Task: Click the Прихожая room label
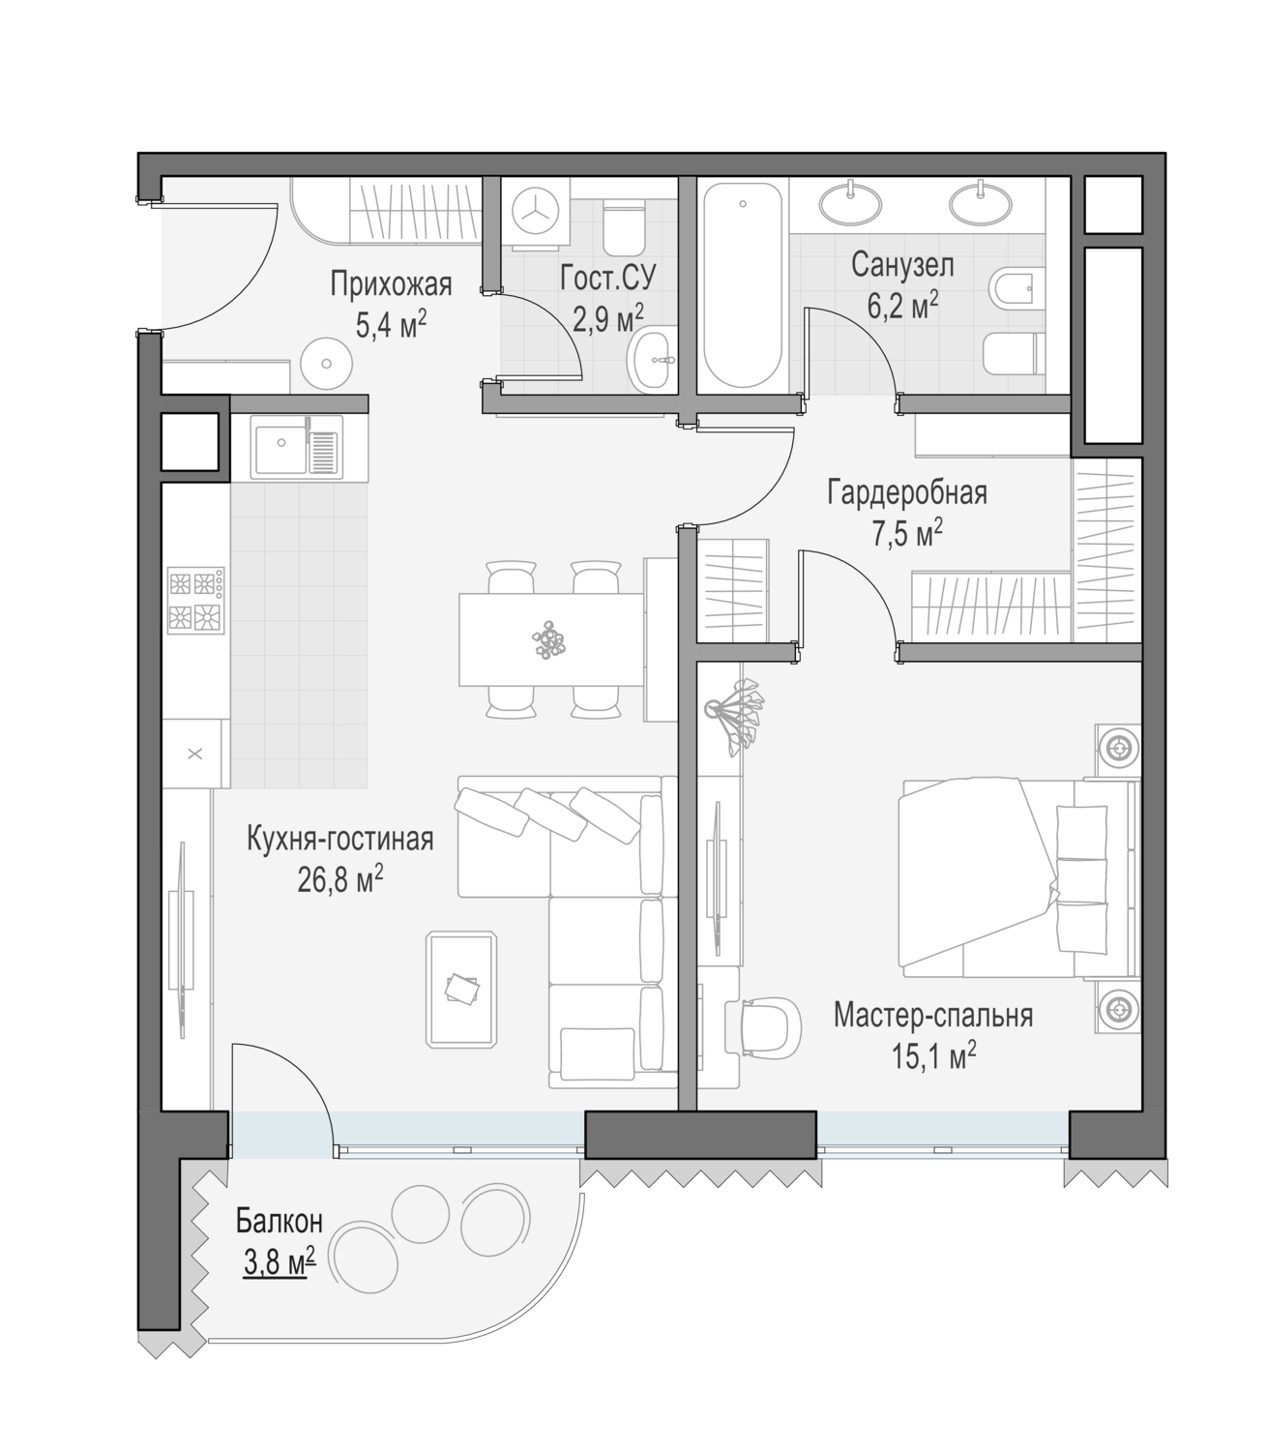click(x=391, y=285)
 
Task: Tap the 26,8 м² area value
click(x=340, y=882)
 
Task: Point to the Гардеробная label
click(x=907, y=492)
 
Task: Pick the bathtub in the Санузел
click(x=743, y=285)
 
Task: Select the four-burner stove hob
click(x=195, y=600)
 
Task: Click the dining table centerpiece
click(x=548, y=639)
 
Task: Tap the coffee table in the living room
click(x=461, y=990)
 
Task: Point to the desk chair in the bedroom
click(x=763, y=1027)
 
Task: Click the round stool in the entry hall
click(x=326, y=364)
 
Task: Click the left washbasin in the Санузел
click(x=851, y=203)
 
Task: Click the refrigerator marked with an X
click(x=195, y=754)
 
